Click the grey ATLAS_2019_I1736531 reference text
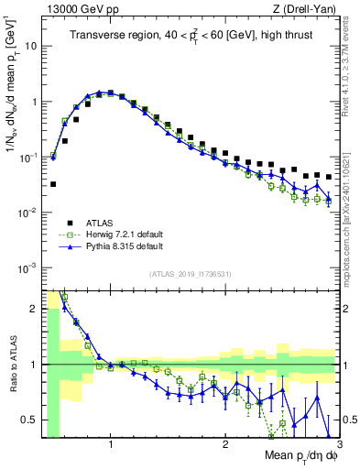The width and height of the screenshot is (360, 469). point(191,274)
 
